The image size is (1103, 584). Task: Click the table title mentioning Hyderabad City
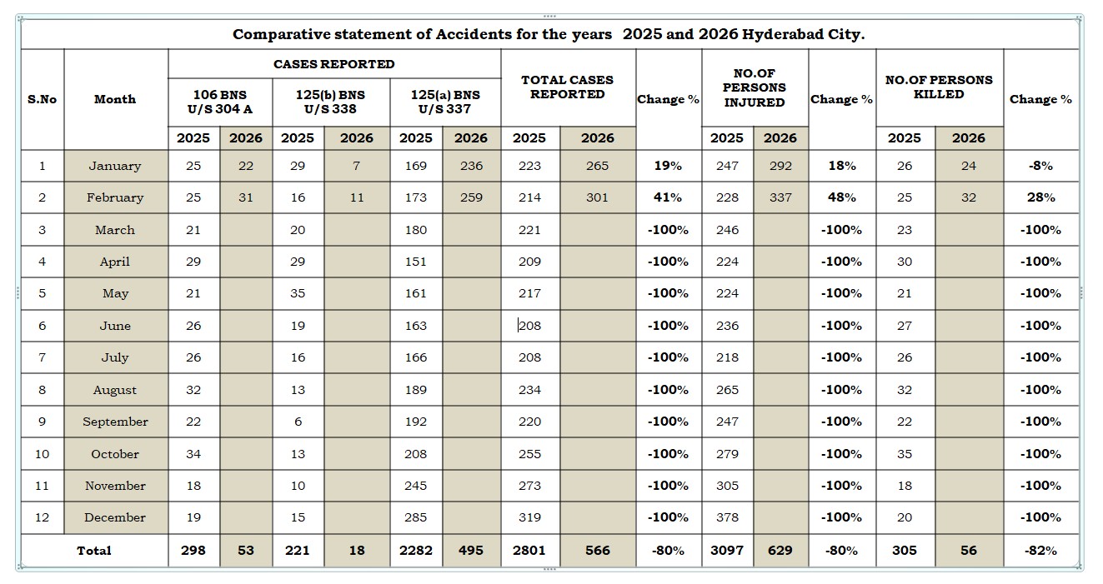click(x=549, y=34)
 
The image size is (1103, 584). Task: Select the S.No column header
click(x=42, y=99)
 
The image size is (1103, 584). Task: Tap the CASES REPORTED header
click(x=333, y=64)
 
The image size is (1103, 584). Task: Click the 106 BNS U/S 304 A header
click(x=219, y=102)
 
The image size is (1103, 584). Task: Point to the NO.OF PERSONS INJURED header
click(x=754, y=88)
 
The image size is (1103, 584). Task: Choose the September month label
click(x=115, y=422)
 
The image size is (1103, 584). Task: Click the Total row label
click(x=94, y=551)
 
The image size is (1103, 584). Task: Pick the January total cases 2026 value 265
click(x=597, y=166)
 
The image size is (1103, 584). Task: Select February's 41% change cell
click(x=668, y=197)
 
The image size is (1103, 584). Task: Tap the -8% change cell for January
click(x=1040, y=166)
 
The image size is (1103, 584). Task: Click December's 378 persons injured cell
click(x=727, y=517)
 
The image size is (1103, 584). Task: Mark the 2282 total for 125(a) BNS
click(x=415, y=551)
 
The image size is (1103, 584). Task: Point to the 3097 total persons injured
click(x=727, y=551)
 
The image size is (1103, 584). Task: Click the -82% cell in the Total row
click(x=1040, y=551)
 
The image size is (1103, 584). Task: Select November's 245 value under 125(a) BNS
click(x=415, y=486)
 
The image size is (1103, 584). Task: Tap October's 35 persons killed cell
click(x=905, y=454)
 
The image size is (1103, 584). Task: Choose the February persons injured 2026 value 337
click(x=780, y=197)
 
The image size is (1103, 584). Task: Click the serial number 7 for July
click(x=42, y=357)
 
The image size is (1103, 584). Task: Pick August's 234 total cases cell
click(x=529, y=390)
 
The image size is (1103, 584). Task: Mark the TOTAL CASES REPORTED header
click(x=567, y=87)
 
